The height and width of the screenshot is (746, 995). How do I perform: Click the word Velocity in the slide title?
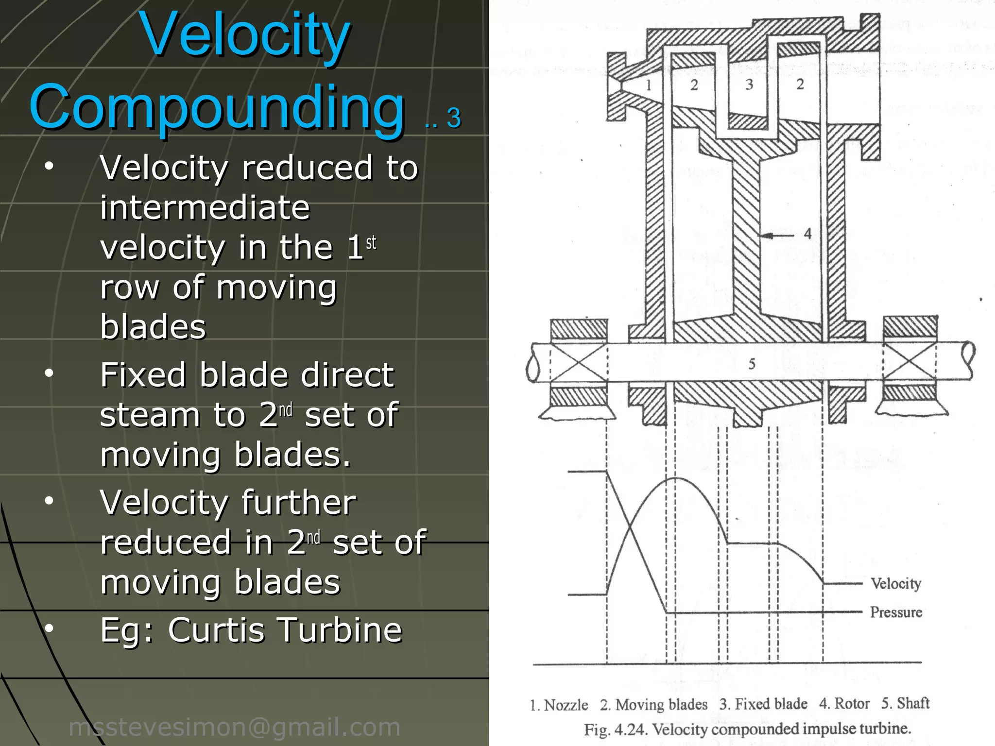point(244,35)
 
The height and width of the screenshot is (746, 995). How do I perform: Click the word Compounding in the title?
point(217,108)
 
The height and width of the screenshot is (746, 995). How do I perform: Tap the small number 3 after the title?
point(453,118)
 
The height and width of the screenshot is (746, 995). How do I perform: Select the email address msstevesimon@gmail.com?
point(235,727)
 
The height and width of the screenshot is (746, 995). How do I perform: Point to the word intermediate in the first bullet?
point(205,208)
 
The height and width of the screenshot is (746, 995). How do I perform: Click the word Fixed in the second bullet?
point(143,375)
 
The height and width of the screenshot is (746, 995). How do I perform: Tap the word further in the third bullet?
point(299,503)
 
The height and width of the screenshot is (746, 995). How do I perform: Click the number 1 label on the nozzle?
point(648,85)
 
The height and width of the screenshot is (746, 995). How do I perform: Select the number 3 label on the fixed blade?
point(749,85)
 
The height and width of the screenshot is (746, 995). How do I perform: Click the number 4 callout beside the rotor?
point(807,234)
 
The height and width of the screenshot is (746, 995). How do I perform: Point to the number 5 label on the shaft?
point(752,364)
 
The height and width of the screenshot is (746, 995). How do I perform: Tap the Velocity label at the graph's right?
point(895,583)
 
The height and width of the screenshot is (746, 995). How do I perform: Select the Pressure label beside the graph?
point(895,612)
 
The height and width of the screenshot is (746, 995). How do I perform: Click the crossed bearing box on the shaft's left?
point(579,362)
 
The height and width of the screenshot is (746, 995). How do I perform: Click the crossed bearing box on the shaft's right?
point(909,362)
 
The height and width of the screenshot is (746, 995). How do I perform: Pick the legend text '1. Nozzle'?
point(559,705)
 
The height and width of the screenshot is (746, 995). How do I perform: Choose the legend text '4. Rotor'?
point(844,703)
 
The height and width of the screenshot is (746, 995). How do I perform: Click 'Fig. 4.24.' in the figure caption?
point(616,729)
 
